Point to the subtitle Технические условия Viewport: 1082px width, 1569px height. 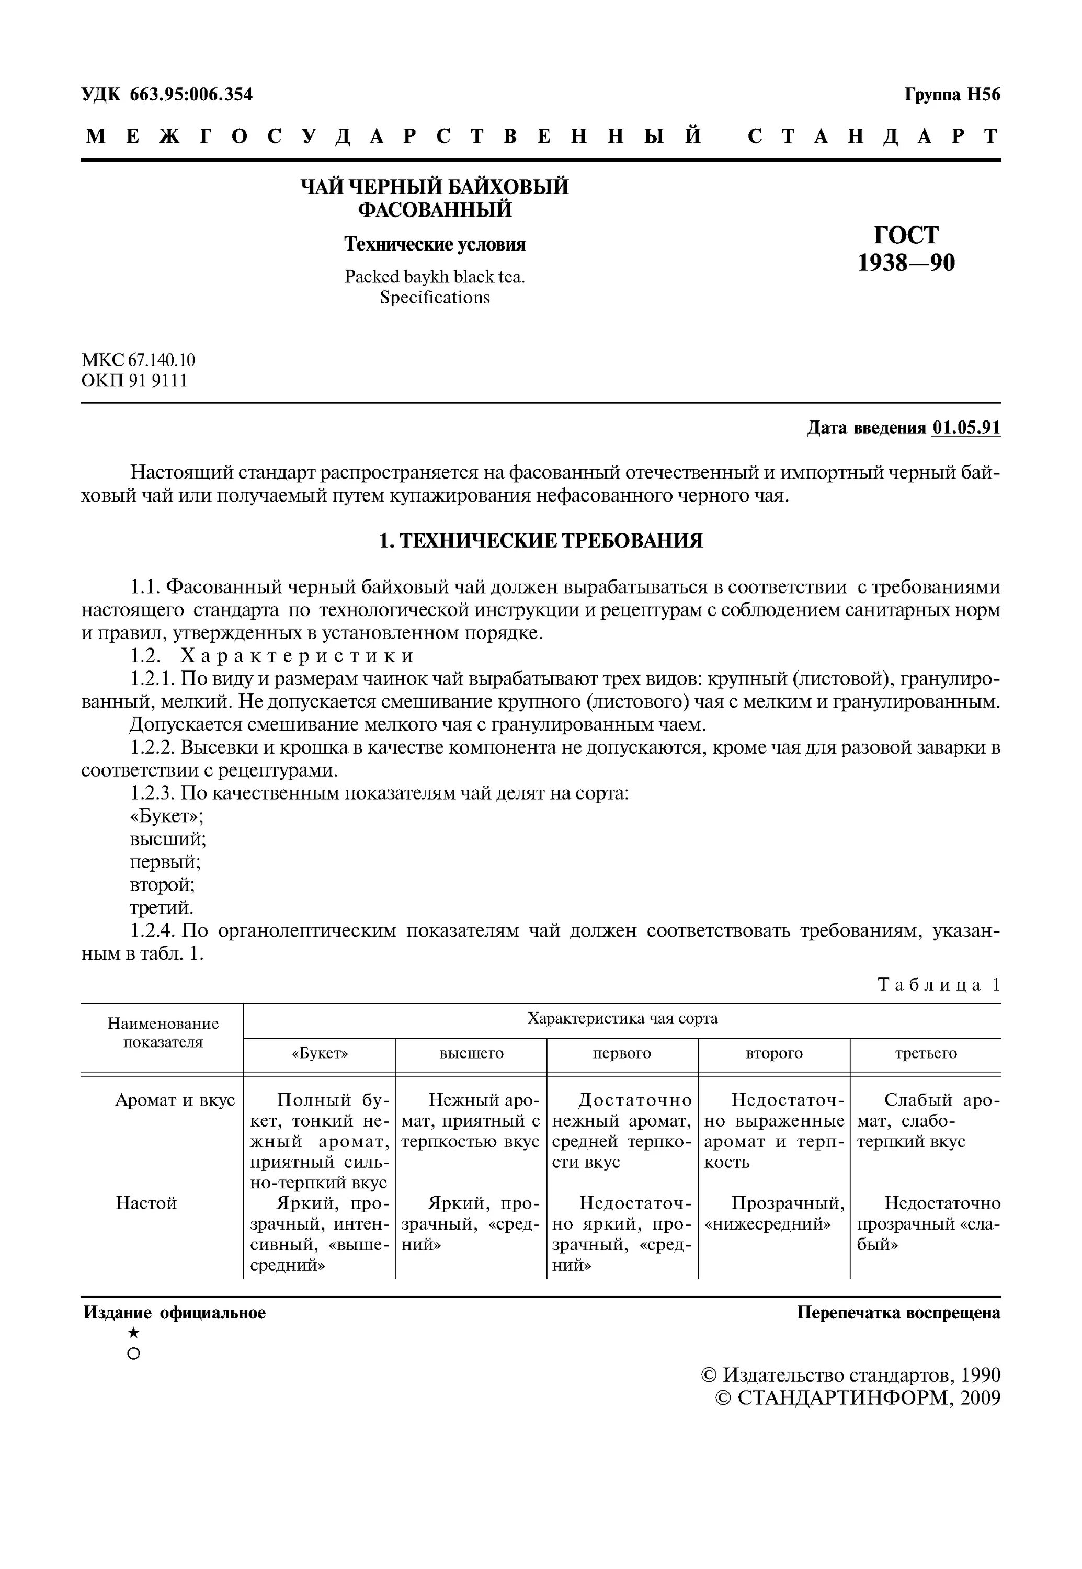tap(435, 244)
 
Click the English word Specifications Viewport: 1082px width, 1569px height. tap(435, 298)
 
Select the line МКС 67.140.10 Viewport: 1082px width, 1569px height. tap(138, 359)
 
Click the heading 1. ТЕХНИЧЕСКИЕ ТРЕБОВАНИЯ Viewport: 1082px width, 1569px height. tap(540, 541)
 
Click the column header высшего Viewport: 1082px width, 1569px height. tap(471, 1053)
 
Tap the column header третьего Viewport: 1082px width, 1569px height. tap(926, 1053)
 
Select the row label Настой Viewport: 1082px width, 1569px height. tap(146, 1203)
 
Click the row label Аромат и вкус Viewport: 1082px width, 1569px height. tap(175, 1100)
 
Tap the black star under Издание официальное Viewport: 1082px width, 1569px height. tap(133, 1333)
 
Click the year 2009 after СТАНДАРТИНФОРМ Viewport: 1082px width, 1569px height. tap(980, 1398)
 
